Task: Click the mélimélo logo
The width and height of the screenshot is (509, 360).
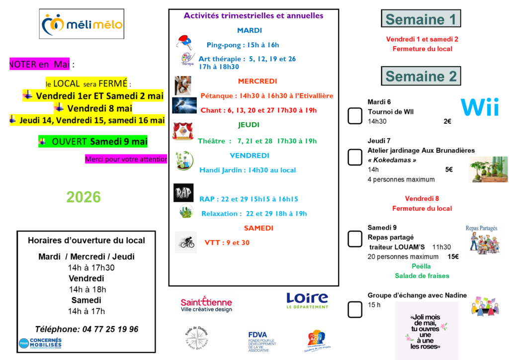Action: (x=82, y=24)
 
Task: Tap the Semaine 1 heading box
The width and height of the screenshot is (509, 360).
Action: (x=421, y=19)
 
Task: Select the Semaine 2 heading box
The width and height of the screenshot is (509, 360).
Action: (x=421, y=76)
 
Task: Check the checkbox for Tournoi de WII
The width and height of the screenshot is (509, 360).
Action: (x=355, y=116)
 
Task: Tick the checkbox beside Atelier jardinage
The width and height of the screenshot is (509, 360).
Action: (x=355, y=157)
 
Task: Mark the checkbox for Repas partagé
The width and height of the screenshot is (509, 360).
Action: (x=355, y=239)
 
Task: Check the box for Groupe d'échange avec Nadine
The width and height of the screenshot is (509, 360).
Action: (x=355, y=309)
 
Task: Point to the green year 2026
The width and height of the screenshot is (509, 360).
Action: (x=84, y=197)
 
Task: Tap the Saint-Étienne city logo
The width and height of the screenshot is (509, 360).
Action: (x=206, y=304)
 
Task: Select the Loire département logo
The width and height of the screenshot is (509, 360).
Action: (x=307, y=300)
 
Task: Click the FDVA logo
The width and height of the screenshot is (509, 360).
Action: (x=262, y=342)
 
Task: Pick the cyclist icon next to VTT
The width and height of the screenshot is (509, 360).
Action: (x=186, y=243)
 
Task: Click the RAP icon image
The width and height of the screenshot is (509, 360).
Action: (x=183, y=193)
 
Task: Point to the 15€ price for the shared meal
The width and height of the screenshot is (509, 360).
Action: (x=453, y=257)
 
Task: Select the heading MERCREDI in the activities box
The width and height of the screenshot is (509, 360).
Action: (x=257, y=81)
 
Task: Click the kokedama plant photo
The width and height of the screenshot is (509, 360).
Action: (x=489, y=169)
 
